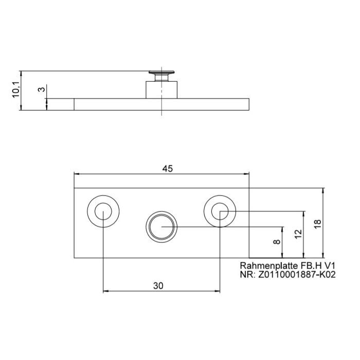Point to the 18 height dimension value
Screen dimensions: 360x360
tap(317, 223)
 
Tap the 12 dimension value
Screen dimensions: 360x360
tap(297, 235)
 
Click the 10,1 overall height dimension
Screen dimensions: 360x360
tap(16, 90)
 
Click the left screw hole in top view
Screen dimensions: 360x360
tap(103, 211)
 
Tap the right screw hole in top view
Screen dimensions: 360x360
tap(220, 211)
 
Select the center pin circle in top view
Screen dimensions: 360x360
tap(161, 226)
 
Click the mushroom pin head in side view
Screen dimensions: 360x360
tap(161, 74)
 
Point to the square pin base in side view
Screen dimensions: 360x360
tap(161, 89)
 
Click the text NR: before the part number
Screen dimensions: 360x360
tap(248, 275)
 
